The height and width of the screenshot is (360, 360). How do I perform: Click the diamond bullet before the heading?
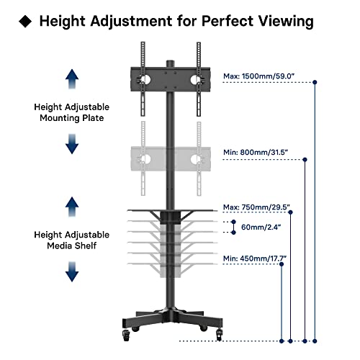(x=25, y=22)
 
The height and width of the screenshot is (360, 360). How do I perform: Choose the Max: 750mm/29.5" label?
(x=257, y=207)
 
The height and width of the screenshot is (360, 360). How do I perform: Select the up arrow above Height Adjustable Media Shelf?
(x=72, y=205)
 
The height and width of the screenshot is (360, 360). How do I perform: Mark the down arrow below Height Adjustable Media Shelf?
(x=72, y=271)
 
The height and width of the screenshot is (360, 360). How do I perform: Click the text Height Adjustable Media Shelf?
(x=72, y=240)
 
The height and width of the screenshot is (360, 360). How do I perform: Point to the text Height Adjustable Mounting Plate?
(x=72, y=112)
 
